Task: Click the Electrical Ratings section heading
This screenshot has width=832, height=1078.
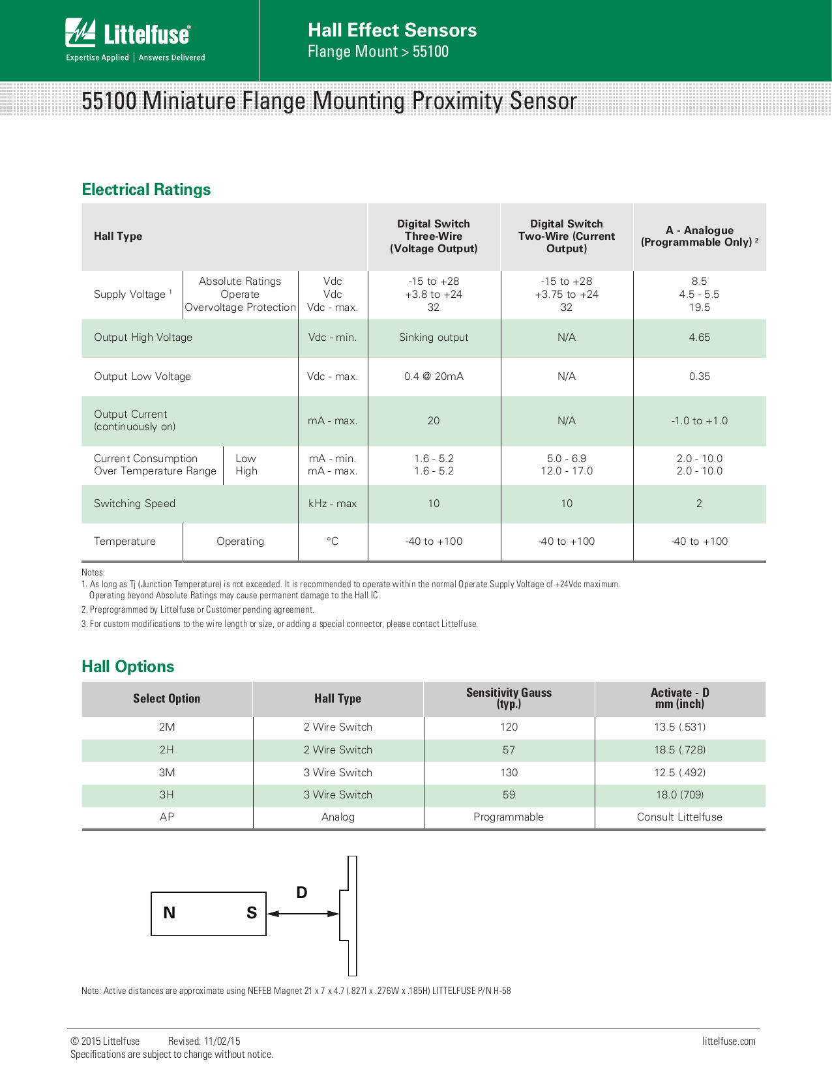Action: click(146, 190)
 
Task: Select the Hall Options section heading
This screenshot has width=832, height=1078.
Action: click(128, 667)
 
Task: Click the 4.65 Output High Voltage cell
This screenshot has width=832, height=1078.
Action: click(699, 338)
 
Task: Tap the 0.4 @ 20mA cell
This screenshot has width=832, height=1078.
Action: click(434, 377)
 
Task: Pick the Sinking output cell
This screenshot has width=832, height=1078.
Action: click(434, 338)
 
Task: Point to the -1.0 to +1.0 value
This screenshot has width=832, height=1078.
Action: click(699, 421)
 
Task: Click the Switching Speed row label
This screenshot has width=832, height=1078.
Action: click(134, 504)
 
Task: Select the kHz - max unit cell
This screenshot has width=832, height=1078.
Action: click(333, 504)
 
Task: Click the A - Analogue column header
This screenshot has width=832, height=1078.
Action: click(699, 236)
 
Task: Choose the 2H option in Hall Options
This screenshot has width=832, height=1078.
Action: click(167, 750)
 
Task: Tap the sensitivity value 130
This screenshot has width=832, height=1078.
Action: click(509, 773)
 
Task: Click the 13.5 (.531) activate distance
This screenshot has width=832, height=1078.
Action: click(679, 727)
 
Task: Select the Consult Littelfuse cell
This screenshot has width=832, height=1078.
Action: click(679, 817)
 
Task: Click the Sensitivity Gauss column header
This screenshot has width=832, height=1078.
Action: click(509, 698)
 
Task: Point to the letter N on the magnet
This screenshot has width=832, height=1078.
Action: click(170, 913)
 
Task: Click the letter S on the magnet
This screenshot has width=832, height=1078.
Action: click(252, 913)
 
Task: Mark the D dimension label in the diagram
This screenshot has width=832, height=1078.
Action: click(301, 893)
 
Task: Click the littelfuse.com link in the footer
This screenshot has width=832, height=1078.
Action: click(728, 1042)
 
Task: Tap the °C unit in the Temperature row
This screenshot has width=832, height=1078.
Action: click(333, 542)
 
